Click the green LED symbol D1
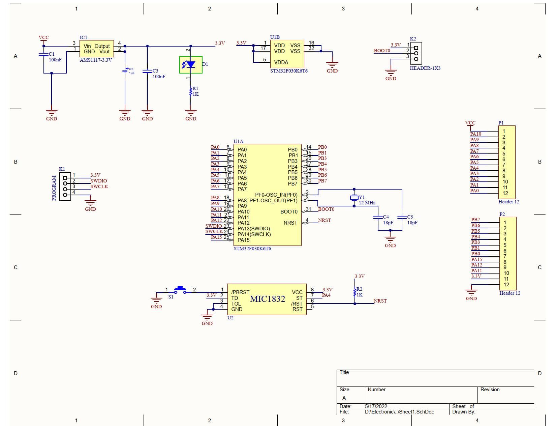[x=191, y=64]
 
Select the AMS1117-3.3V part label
[x=96, y=60]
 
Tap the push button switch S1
[x=180, y=290]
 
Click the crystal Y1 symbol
[x=354, y=198]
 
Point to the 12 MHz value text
[x=367, y=203]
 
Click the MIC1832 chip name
[x=268, y=299]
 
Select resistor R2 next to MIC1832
[x=355, y=292]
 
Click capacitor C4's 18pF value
[x=388, y=223]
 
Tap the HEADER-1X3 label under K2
[x=425, y=68]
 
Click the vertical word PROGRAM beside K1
[x=54, y=188]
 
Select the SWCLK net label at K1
[x=99, y=187]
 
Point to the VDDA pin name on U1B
[x=281, y=62]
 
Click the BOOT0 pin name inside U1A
[x=289, y=212]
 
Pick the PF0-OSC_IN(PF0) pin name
[x=276, y=195]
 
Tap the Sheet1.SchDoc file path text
[x=399, y=412]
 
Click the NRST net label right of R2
[x=380, y=301]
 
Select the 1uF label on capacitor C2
[x=131, y=73]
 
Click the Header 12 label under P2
[x=509, y=293]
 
